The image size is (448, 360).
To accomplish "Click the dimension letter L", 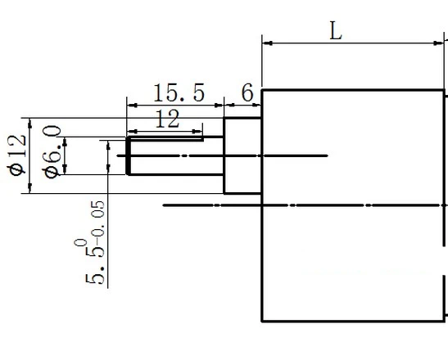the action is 336,30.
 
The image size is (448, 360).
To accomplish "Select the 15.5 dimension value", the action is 179,92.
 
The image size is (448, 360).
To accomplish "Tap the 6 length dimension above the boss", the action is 247,92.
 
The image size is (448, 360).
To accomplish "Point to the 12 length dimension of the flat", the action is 168,119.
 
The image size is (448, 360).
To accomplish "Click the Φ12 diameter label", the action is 17,155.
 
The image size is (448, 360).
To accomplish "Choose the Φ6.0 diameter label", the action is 52,152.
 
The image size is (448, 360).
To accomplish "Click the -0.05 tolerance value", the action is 97,221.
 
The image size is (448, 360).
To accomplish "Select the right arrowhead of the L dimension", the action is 438,43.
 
